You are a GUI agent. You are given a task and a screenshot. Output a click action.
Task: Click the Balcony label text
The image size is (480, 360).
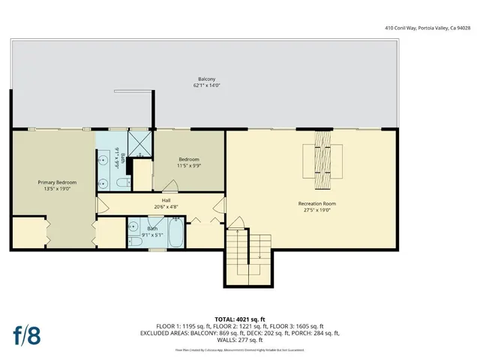[207, 79]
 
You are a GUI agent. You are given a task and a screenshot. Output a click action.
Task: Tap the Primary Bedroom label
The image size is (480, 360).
[54, 181]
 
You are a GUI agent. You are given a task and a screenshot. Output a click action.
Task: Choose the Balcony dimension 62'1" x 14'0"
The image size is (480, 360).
[207, 85]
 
